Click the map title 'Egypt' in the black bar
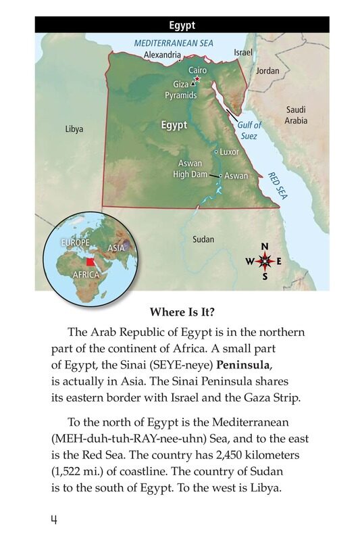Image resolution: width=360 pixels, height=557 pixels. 182,26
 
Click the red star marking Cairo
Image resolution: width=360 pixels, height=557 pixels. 197,80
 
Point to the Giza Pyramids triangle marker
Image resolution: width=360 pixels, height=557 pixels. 192,84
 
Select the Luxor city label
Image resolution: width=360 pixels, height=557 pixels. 229,151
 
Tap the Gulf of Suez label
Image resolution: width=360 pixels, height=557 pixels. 249,130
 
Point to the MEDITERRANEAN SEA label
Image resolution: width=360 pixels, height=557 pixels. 174,43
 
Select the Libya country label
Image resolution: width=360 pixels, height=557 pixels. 74,128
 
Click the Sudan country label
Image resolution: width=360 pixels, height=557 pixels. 203,239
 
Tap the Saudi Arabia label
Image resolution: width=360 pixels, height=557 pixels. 296,115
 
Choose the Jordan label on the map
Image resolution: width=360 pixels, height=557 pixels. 267,71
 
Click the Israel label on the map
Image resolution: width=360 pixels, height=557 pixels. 244,52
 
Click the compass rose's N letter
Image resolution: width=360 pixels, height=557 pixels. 265,246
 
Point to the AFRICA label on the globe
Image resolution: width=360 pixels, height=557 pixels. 86,275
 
